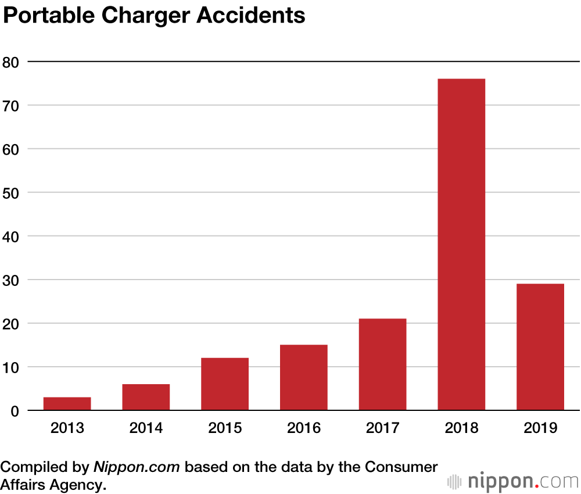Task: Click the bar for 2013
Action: coord(67,404)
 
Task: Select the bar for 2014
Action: coord(146,398)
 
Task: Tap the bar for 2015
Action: coord(225,384)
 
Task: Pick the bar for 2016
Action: coord(304,378)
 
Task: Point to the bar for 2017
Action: coord(383,364)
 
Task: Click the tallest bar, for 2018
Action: coord(461,244)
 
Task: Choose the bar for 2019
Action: coord(540,347)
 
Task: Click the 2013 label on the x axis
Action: coord(67,428)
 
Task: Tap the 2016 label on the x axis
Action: coord(304,428)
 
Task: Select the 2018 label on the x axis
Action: coord(461,428)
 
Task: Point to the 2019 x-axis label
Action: coord(540,428)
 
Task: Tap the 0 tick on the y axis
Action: coord(15,411)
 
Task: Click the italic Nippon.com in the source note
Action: coord(137,467)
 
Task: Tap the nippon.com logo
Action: coord(514,481)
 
